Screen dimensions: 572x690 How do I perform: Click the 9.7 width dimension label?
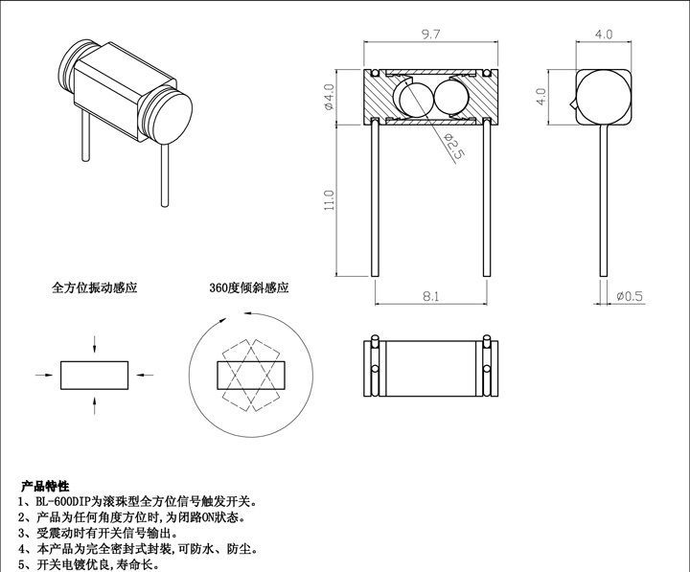coord(430,34)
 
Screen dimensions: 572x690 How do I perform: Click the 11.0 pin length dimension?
coord(330,200)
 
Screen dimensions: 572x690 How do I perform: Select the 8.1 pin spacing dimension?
coord(430,297)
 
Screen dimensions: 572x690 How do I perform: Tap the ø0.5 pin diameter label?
coord(630,296)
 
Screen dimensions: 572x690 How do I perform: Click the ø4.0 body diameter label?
coord(330,98)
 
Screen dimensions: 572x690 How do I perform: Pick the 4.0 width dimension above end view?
coord(604,34)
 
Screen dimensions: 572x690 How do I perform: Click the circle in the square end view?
coord(604,97)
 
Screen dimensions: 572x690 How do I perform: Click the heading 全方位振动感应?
coord(94,287)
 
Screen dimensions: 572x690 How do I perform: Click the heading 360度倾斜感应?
coord(248,287)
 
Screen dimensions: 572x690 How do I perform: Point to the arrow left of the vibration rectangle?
coord(45,374)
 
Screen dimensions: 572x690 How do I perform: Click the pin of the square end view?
coord(604,201)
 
